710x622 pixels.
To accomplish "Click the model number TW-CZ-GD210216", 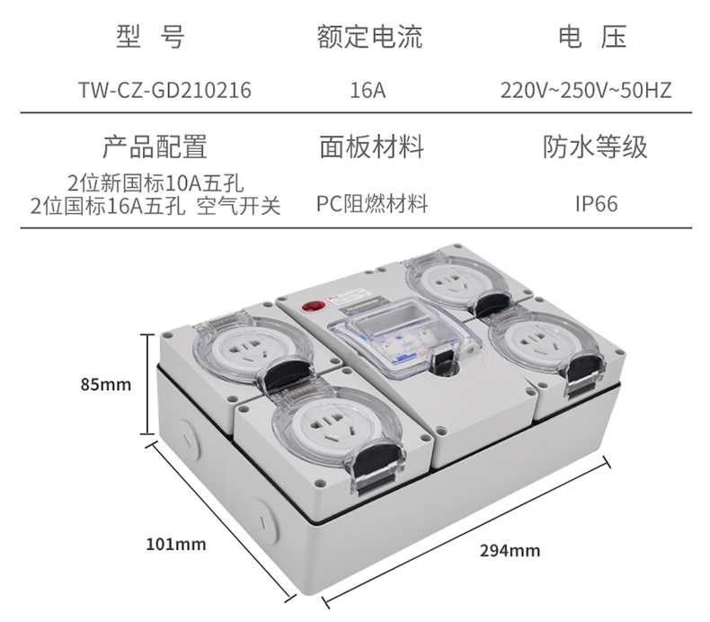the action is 164,90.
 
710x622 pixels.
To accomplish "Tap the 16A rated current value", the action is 368,90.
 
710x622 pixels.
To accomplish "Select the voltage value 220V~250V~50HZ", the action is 586,90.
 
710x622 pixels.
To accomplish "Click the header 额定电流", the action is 369,36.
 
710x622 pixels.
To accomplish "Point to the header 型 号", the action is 151,36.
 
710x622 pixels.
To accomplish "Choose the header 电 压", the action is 592,36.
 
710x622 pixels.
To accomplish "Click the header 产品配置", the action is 155,147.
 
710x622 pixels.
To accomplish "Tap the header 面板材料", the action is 372,147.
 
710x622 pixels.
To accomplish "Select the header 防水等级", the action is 595,147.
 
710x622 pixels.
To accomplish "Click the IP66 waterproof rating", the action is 597,204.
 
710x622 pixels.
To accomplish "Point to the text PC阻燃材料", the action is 372,204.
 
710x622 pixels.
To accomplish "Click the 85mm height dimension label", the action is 106,385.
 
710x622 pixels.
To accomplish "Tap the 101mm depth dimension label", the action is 175,544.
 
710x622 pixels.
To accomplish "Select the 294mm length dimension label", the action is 510,551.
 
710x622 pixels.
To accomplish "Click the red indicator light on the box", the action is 310,307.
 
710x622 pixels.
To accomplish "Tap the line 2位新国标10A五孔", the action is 155,183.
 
